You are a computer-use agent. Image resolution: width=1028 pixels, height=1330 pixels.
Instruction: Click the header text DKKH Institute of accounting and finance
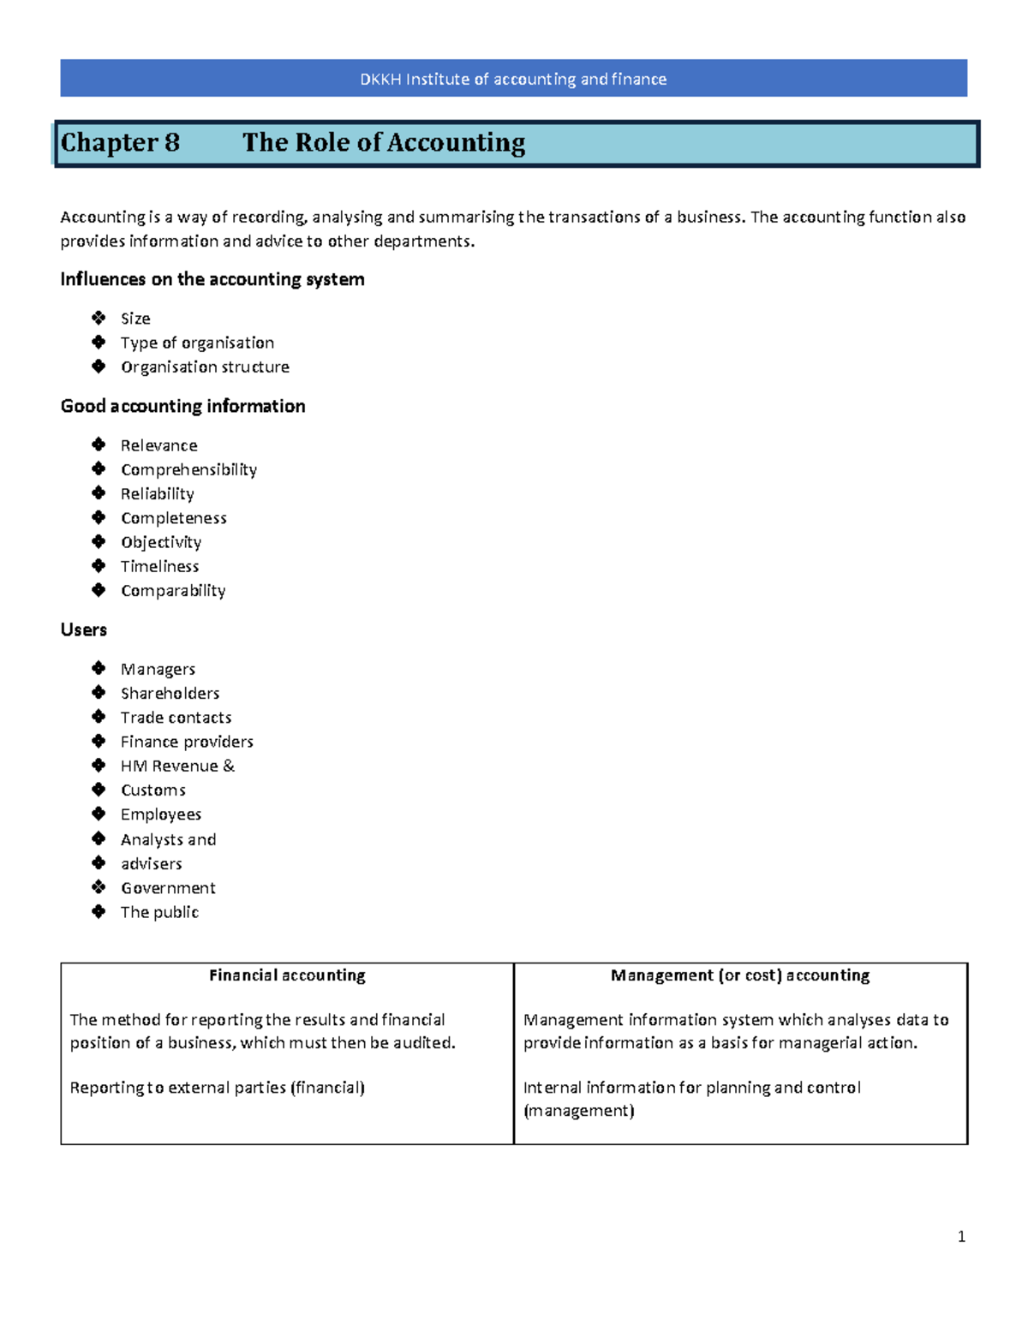[513, 79]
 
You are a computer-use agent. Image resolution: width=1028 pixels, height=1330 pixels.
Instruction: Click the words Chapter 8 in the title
[120, 142]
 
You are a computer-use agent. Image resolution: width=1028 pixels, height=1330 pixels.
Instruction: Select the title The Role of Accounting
[384, 142]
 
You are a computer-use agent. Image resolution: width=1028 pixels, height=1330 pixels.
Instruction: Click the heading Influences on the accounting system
[212, 279]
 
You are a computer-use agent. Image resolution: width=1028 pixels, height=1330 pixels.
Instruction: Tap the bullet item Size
[135, 319]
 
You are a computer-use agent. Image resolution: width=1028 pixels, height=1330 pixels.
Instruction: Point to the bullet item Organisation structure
[205, 367]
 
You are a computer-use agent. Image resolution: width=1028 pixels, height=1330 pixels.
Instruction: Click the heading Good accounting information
[182, 406]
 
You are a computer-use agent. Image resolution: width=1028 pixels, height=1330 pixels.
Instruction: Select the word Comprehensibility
[188, 469]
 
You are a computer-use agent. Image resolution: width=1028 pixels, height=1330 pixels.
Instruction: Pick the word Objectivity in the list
[161, 542]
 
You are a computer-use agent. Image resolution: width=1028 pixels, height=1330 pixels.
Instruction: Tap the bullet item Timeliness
[159, 566]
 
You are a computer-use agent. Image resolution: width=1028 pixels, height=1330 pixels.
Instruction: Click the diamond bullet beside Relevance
[99, 444]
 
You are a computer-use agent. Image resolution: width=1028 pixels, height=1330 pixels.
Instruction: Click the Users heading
[84, 629]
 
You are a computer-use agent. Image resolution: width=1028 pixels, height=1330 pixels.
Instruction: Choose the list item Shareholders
[170, 693]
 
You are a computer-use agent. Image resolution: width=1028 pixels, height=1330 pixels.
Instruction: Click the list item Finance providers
[187, 742]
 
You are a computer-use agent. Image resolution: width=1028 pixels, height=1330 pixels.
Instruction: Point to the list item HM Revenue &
[177, 766]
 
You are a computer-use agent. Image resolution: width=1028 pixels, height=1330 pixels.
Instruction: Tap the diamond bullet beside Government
[99, 887]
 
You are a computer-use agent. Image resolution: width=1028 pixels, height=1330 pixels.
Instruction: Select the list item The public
[159, 912]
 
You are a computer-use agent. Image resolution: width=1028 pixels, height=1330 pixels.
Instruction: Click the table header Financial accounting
[287, 975]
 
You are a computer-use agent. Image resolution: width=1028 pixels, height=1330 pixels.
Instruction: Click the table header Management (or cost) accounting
[740, 975]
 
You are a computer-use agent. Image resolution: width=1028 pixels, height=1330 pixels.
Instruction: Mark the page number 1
[961, 1236]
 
